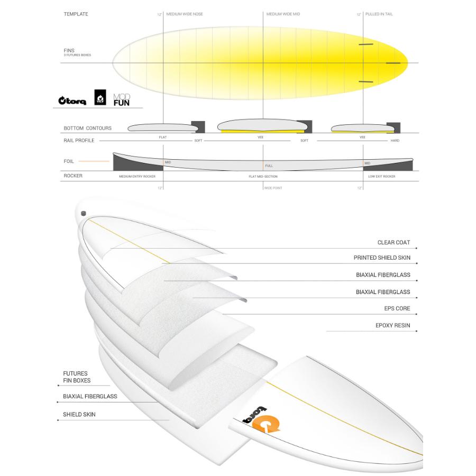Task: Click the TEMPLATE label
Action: (76, 14)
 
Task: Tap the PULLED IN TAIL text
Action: (379, 14)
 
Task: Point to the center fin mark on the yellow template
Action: (393, 63)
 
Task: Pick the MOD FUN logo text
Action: (121, 99)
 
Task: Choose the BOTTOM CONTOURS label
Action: (87, 128)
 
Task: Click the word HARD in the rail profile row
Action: (395, 141)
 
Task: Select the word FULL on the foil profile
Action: (269, 166)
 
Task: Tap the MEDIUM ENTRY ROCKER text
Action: (137, 176)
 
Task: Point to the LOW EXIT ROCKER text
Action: (382, 176)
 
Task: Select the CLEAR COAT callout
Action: (393, 243)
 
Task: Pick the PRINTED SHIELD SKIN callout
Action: (382, 258)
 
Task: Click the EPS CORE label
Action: (397, 308)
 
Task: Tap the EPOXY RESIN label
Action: (392, 326)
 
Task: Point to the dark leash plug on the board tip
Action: (83, 213)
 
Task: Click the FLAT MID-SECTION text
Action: (263, 176)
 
